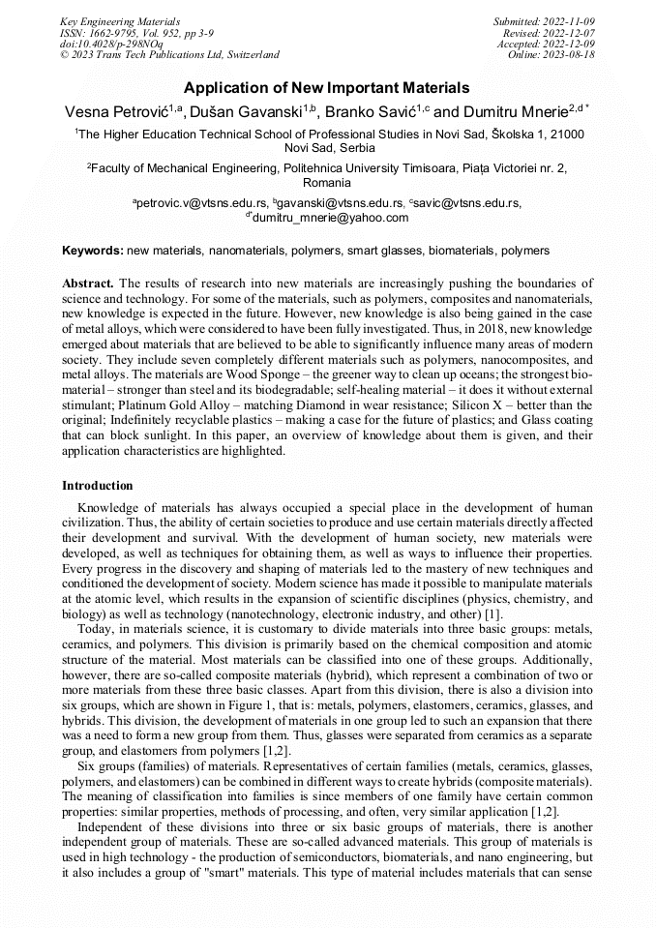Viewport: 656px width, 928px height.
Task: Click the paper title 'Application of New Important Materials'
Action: [x=327, y=87]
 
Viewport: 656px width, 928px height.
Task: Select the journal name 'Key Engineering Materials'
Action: [x=120, y=20]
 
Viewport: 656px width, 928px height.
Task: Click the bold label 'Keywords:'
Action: [x=92, y=251]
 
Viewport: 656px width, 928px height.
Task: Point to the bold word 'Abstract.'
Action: [x=88, y=283]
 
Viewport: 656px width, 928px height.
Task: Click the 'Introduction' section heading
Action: [x=98, y=485]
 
